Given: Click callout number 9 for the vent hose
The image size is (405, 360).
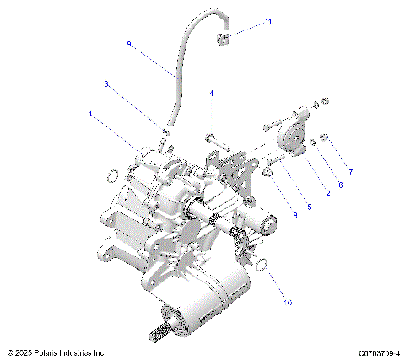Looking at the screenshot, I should click(x=129, y=43).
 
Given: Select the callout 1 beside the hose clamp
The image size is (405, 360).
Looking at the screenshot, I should click(x=269, y=23).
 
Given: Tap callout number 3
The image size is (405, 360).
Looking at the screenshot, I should click(x=105, y=83).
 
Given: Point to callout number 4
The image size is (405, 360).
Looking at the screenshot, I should click(x=212, y=93).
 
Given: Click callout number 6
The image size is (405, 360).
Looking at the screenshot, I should click(x=340, y=184).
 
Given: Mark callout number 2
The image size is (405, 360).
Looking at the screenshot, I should click(x=327, y=192).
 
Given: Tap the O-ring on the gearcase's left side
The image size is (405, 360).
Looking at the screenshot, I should click(x=110, y=175).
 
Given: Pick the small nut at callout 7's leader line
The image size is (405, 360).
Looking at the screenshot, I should click(x=325, y=137).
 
